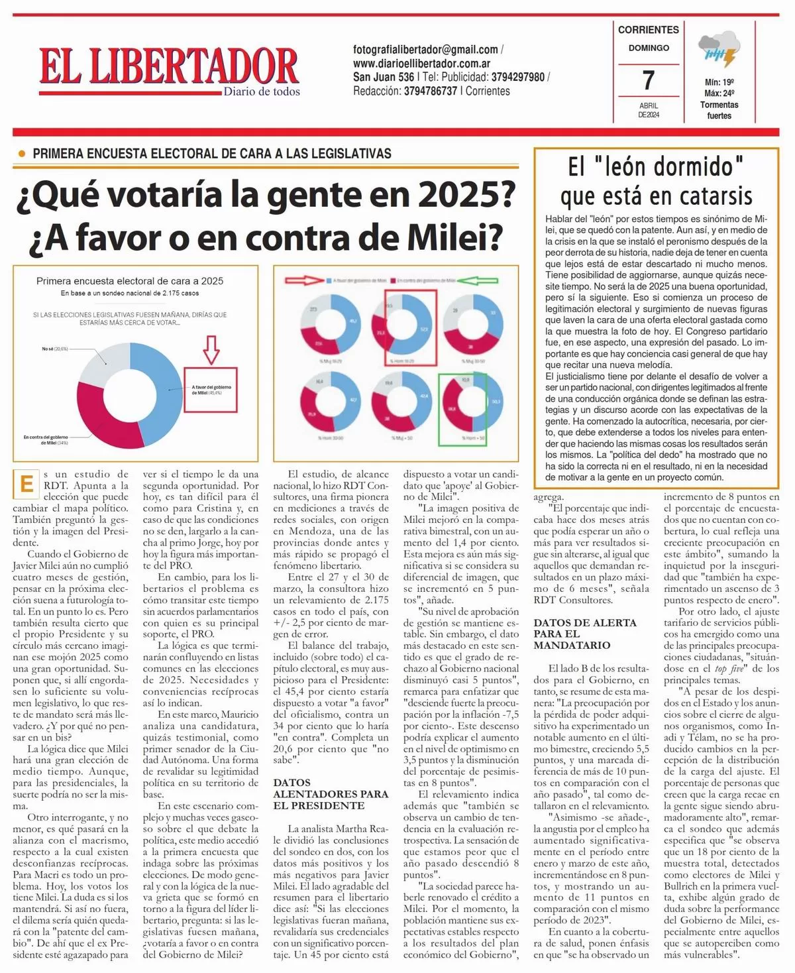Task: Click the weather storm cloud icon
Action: pyautogui.click(x=719, y=50)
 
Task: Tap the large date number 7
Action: pyautogui.click(x=649, y=80)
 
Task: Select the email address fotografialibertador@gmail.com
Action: pyautogui.click(x=425, y=50)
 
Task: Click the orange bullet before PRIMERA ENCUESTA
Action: pyautogui.click(x=21, y=154)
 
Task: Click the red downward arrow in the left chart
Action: pyautogui.click(x=211, y=349)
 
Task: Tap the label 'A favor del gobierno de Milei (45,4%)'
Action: pyautogui.click(x=211, y=390)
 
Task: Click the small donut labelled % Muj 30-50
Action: pyautogui.click(x=469, y=330)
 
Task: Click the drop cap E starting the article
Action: pyautogui.click(x=26, y=484)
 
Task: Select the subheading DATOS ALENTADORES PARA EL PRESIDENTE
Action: pyautogui.click(x=331, y=794)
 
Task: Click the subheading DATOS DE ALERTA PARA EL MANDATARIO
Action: pyautogui.click(x=585, y=634)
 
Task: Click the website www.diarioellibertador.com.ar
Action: pyautogui.click(x=422, y=64)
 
